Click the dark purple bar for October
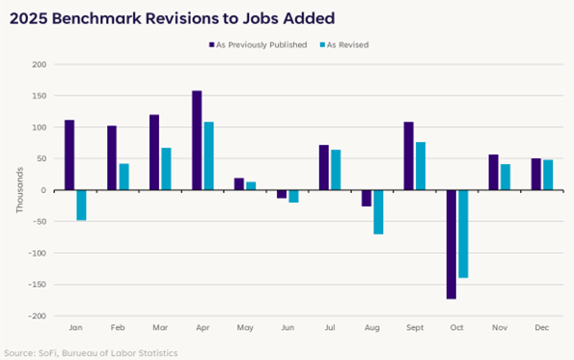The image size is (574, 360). pyautogui.click(x=451, y=244)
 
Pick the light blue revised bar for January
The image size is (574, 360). pyautogui.click(x=81, y=205)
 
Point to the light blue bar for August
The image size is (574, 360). pyautogui.click(x=378, y=211)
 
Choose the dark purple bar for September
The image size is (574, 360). pyautogui.click(x=409, y=156)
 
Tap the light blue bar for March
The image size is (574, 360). pyautogui.click(x=166, y=169)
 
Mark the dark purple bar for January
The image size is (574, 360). pyautogui.click(x=69, y=155)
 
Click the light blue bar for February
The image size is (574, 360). pyautogui.click(x=123, y=177)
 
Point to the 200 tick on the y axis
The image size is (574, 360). pyautogui.click(x=39, y=65)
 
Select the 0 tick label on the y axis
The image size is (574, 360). pyautogui.click(x=42, y=190)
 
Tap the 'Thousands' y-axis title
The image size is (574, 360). pyautogui.click(x=19, y=190)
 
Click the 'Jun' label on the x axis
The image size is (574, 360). pyautogui.click(x=287, y=329)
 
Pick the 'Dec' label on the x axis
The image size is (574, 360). pyautogui.click(x=541, y=329)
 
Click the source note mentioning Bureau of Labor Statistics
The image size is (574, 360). pyautogui.click(x=90, y=352)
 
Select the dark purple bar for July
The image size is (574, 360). pyautogui.click(x=324, y=168)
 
